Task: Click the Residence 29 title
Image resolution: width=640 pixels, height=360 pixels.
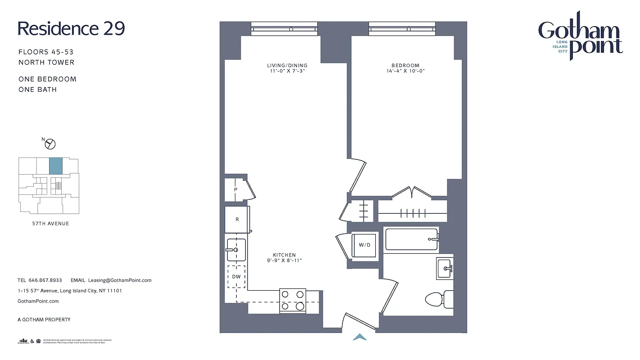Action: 71,28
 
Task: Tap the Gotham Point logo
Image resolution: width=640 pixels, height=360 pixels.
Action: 580,36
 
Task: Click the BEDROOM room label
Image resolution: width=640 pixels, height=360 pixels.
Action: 405,65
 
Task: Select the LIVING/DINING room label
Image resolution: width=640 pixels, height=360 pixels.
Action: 286,65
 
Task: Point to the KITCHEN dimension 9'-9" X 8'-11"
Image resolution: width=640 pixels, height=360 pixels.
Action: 284,261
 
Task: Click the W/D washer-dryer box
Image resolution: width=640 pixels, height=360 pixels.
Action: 365,245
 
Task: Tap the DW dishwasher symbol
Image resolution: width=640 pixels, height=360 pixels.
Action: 236,277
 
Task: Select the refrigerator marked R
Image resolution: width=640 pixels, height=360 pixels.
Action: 237,220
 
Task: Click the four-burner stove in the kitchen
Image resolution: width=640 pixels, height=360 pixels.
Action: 293,301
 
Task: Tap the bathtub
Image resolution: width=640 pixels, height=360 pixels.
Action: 411,239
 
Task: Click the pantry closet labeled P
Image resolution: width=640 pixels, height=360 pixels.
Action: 235,190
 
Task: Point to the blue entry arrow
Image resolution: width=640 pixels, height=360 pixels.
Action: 359,337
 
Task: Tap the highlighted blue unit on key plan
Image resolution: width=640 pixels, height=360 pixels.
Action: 55,166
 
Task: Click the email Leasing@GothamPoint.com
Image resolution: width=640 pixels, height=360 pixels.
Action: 120,280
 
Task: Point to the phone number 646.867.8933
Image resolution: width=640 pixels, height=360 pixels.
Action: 45,280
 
